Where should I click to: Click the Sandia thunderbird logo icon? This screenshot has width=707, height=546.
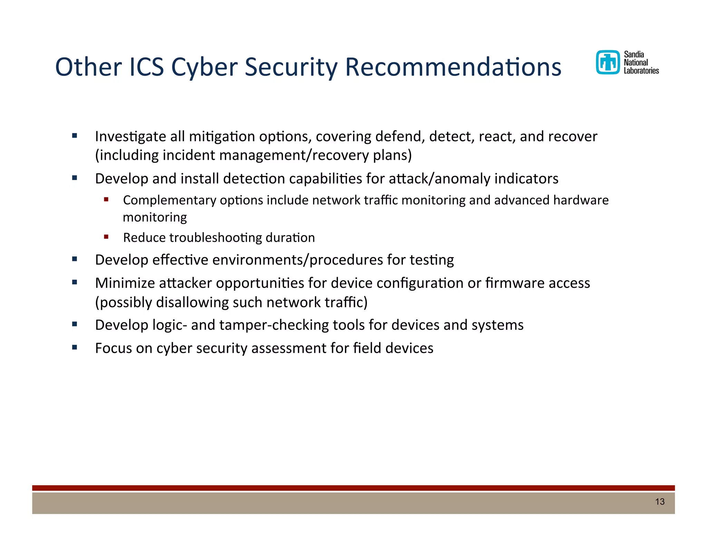[608, 62]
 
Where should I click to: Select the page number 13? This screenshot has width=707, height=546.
[660, 502]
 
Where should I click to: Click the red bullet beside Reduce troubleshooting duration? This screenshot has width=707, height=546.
[106, 237]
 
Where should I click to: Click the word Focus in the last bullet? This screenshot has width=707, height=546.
[113, 348]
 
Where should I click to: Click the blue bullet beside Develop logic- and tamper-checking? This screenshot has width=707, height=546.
[75, 324]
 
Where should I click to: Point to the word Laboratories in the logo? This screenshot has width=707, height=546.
[641, 71]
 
